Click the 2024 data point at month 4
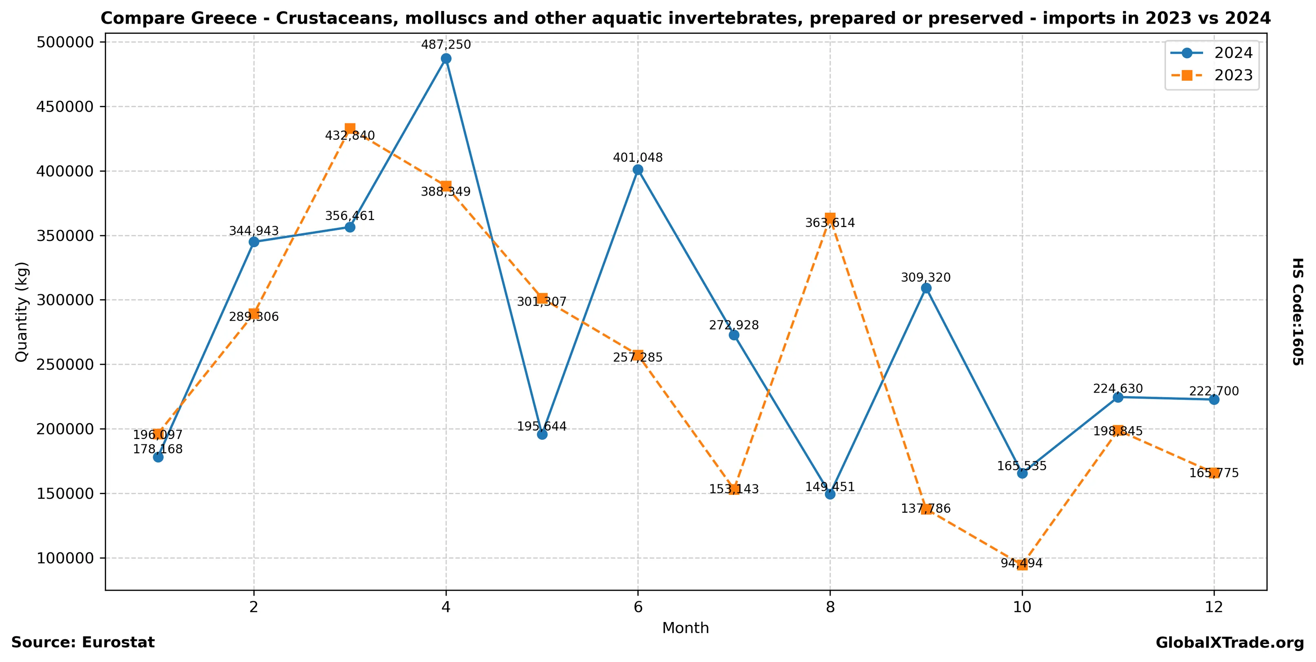tap(446, 59)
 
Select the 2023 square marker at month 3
tap(350, 128)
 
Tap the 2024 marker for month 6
tap(638, 170)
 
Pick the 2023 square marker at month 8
tap(830, 218)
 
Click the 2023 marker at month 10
tap(1022, 565)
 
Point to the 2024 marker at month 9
tap(926, 288)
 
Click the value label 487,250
tap(446, 45)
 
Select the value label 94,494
tap(1022, 563)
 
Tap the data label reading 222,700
tap(1214, 391)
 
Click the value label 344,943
tap(254, 231)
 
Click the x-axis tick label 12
tap(1214, 607)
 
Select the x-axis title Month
tap(686, 628)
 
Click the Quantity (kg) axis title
tap(22, 311)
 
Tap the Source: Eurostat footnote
tap(83, 642)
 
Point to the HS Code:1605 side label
tap(1298, 311)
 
